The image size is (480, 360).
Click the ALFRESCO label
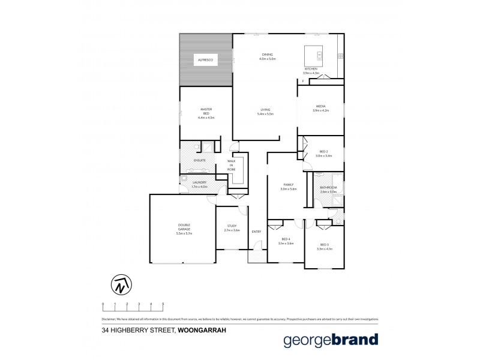[x=206, y=61]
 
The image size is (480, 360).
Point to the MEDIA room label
[x=320, y=107]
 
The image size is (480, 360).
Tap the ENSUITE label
[x=200, y=160]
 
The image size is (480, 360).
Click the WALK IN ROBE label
[x=231, y=165]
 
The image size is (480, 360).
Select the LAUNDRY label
[x=199, y=182]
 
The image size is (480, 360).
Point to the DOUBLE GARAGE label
[x=184, y=227]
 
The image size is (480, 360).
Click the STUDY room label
[x=232, y=227]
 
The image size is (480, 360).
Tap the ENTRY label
[x=257, y=232]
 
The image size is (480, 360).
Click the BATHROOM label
[x=329, y=188]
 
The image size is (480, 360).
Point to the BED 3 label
[x=324, y=245]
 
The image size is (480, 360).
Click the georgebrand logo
[x=331, y=340]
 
